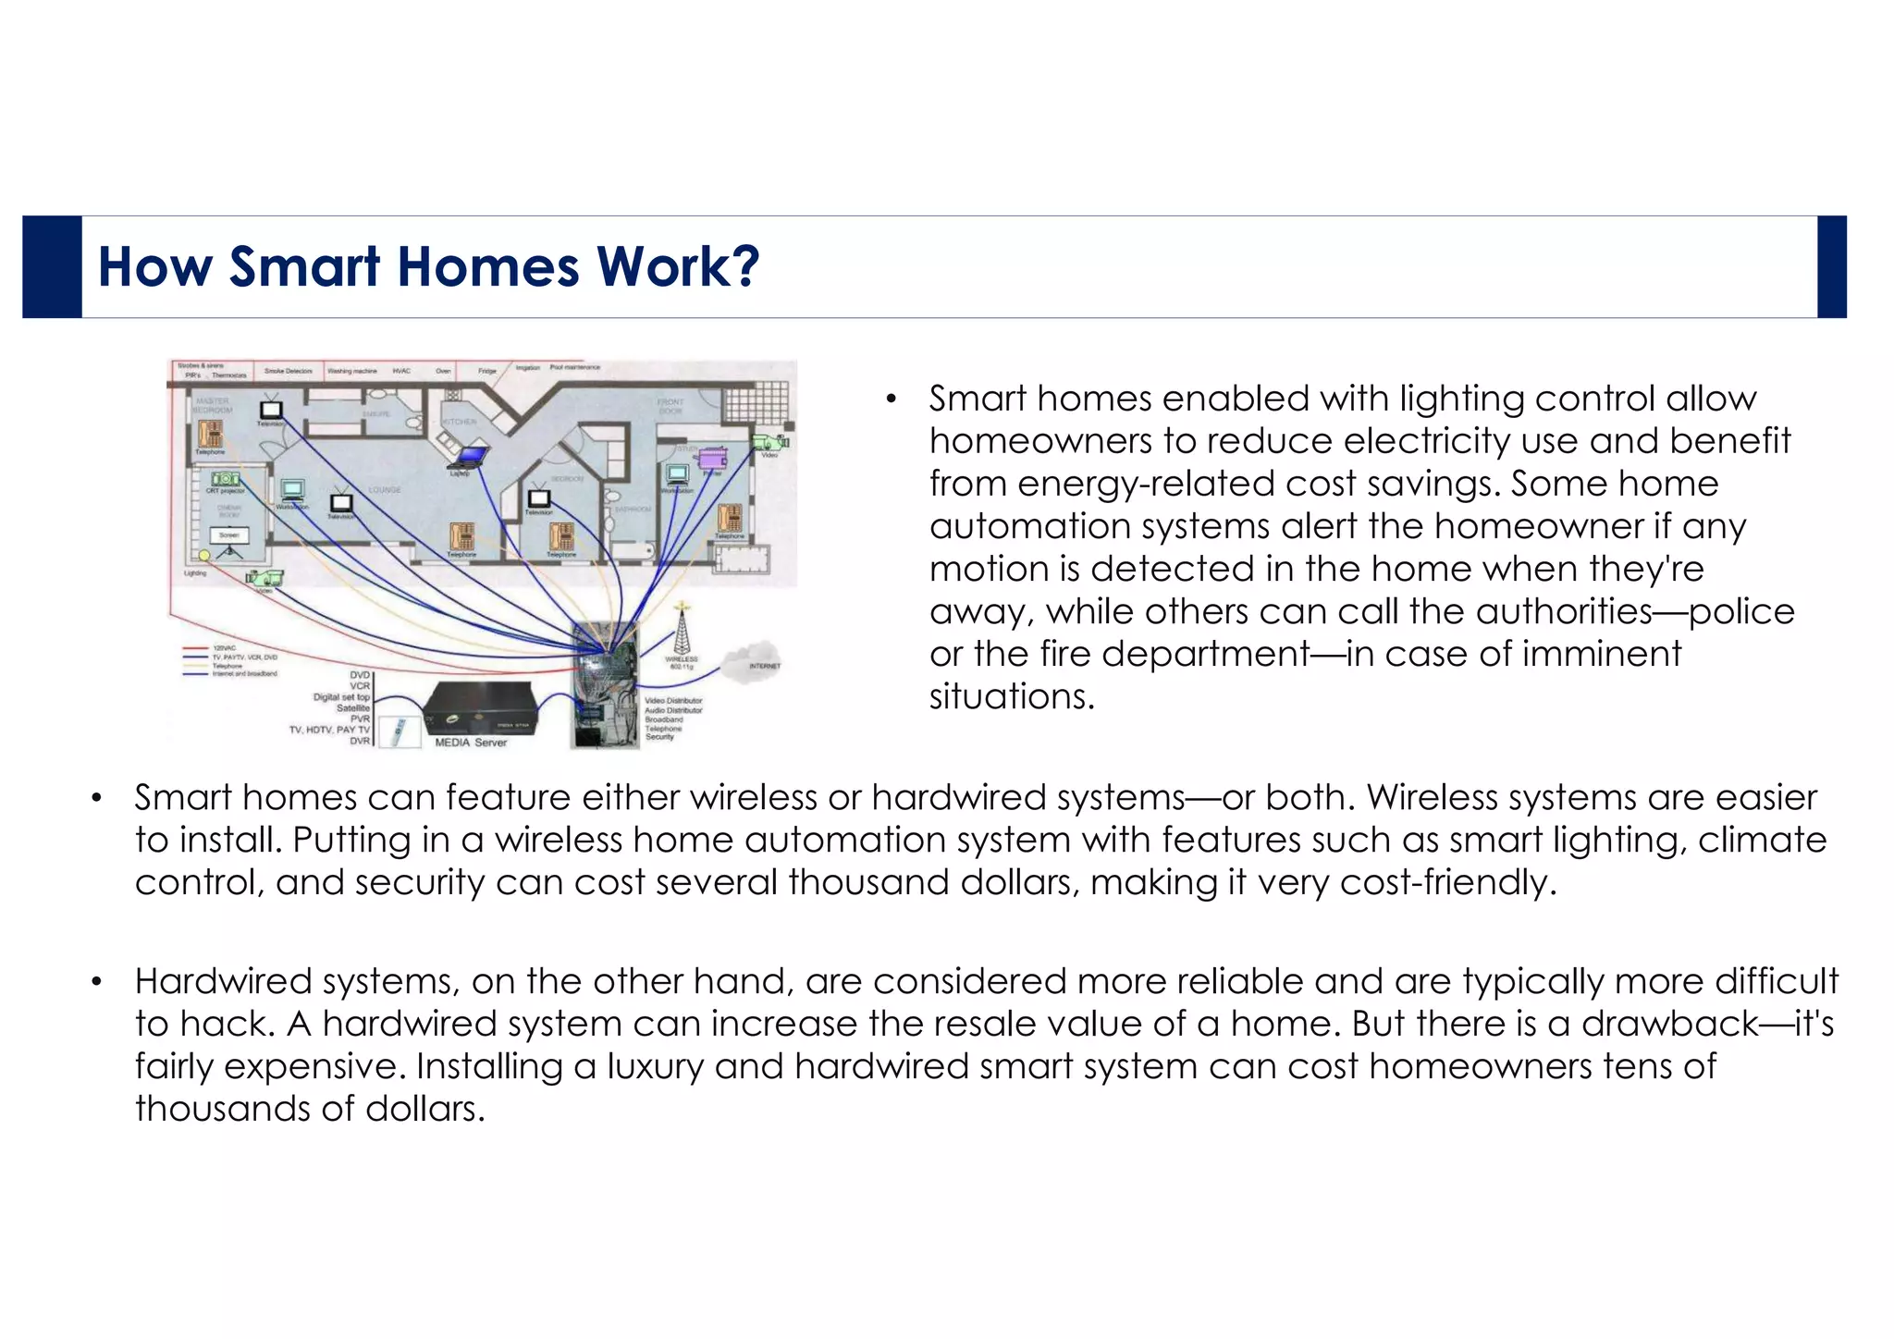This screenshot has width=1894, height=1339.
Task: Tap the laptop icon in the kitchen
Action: point(471,456)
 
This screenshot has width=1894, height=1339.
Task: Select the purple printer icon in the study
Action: point(712,459)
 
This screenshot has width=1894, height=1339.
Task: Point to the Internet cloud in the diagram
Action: point(753,659)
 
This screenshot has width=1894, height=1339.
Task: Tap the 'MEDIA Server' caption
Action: point(471,743)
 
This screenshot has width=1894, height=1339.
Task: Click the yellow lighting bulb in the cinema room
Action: point(204,555)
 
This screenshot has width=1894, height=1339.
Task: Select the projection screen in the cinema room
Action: point(228,535)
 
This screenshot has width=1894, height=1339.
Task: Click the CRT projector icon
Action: point(225,479)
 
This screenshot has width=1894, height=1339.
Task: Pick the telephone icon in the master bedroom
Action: point(210,434)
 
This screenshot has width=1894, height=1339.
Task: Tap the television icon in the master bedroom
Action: point(271,409)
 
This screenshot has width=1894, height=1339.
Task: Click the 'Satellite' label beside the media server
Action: point(353,707)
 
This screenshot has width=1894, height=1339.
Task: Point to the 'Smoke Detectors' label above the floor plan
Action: point(289,371)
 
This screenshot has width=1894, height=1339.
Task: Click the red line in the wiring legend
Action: point(196,648)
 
